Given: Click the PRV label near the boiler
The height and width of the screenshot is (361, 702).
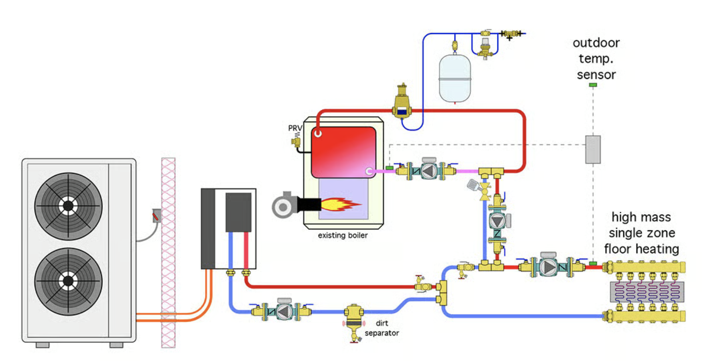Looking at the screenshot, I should (x=295, y=128).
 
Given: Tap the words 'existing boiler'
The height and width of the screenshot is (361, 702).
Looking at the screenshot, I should (x=343, y=235).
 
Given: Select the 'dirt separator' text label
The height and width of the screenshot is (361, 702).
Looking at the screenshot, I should (x=381, y=328).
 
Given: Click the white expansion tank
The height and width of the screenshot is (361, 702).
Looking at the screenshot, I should (x=454, y=79).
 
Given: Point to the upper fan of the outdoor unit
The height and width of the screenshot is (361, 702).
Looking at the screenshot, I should (x=68, y=206).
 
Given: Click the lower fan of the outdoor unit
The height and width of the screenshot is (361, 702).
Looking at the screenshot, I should (x=68, y=281).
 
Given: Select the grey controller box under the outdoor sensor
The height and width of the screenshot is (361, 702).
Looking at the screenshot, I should (x=593, y=149).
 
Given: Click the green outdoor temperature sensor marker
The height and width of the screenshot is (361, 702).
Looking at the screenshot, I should (x=593, y=85).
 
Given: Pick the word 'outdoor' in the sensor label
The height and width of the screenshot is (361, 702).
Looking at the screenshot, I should (x=596, y=43).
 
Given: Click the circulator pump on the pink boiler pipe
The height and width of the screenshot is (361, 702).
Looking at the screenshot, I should (x=428, y=171).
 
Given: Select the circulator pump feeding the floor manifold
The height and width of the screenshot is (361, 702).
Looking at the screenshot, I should (x=548, y=267).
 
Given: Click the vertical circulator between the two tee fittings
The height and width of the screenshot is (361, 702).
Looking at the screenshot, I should (x=497, y=221).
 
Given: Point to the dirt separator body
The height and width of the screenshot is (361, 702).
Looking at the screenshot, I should (x=354, y=319).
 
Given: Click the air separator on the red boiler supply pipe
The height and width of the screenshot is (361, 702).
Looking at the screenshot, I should (x=402, y=104).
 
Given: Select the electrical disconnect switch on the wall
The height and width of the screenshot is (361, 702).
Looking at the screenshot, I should (x=156, y=216).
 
